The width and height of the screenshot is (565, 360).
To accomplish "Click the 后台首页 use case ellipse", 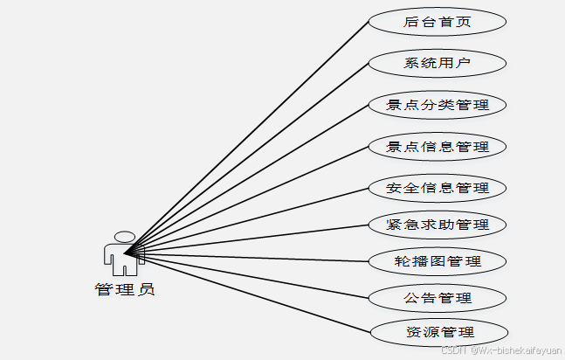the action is (438, 22).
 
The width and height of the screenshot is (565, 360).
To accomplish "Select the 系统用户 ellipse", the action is (438, 63).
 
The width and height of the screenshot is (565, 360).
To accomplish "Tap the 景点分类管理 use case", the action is (438, 105).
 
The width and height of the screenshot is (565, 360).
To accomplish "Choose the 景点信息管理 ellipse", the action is (438, 146).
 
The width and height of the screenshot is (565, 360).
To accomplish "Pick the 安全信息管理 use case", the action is (438, 187).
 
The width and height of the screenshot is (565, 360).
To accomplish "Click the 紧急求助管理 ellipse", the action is (438, 224).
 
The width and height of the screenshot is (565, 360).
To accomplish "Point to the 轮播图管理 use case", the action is (438, 260).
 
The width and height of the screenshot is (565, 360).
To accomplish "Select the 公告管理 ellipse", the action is (438, 297).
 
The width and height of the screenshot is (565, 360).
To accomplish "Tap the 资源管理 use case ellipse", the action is (438, 332).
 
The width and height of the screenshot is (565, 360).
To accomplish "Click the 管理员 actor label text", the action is (125, 289).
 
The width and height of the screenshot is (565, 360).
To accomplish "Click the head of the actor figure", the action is (125, 237).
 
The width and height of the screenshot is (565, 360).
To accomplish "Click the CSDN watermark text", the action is (499, 350).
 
